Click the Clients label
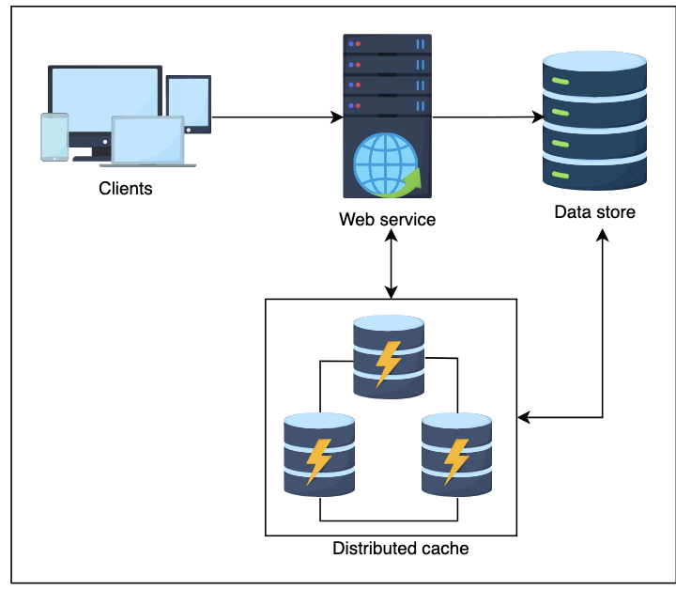125,189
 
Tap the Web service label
388,220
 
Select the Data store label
594,212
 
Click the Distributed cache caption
400,548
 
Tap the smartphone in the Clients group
54,137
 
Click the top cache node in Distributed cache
389,356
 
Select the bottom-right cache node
456,455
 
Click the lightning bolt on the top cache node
389,363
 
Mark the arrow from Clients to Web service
277,117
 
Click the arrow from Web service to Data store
488,117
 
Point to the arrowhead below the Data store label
602,234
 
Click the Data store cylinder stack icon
594,121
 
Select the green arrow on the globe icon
409,180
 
